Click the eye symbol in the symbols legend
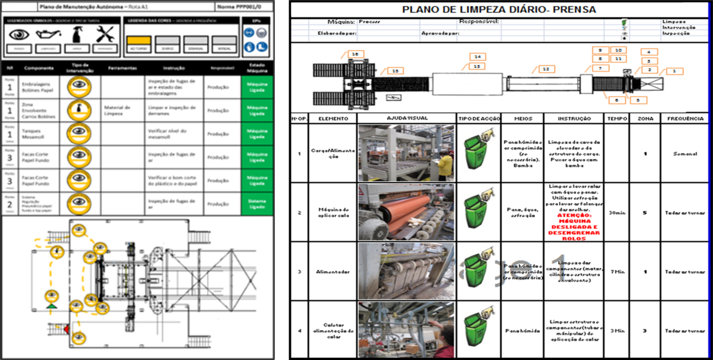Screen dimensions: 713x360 click(19, 34)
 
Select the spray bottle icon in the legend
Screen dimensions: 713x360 click(76, 34)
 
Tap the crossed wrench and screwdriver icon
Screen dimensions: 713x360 click(105, 34)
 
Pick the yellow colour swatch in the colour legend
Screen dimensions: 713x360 click(138, 41)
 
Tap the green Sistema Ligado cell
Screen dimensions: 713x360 click(257, 204)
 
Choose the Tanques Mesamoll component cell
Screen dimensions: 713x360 click(35, 134)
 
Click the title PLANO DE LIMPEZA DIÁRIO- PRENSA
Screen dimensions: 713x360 click(499, 9)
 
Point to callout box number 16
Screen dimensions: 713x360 click(356, 54)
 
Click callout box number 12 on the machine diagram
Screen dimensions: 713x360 click(546, 69)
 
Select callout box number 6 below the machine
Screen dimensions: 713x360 click(616, 100)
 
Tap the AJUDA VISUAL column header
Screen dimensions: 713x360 click(407, 119)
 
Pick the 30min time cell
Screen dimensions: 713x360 click(617, 213)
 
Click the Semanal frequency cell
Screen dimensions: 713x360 click(685, 154)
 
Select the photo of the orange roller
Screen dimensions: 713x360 click(406, 212)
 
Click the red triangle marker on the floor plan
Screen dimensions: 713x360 click(66, 329)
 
